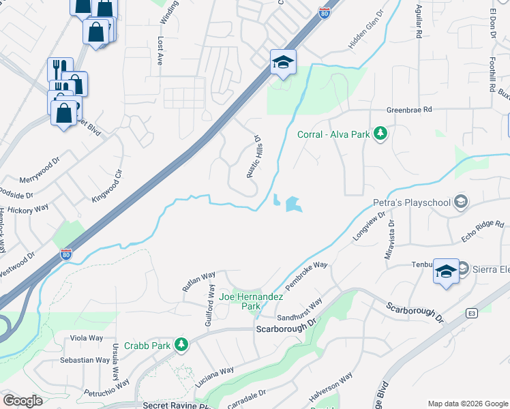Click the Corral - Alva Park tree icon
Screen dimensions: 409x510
tap(380, 134)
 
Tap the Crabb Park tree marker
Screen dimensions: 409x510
tap(181, 345)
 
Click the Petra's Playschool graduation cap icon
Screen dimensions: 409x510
tap(462, 202)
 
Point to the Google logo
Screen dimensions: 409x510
tap(22, 401)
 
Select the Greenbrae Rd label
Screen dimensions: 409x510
tap(409, 109)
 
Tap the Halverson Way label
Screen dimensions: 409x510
tap(331, 387)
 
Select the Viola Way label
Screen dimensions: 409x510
tap(86, 337)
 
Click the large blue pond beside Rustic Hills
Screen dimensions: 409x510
tap(294, 203)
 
